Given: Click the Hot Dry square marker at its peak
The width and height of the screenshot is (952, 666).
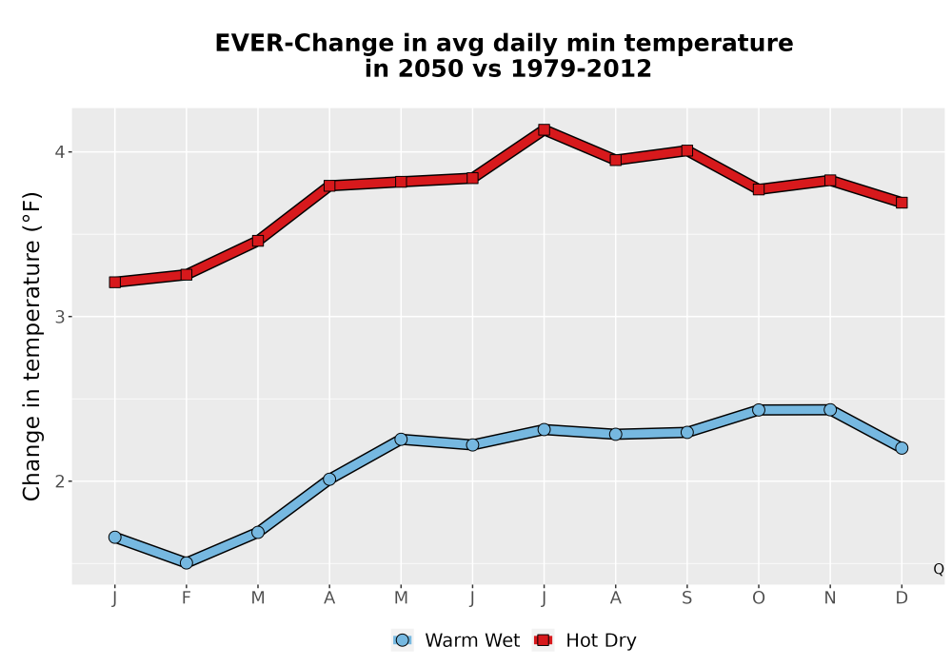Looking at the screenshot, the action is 544,129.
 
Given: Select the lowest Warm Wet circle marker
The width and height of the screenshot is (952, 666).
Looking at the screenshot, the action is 187,563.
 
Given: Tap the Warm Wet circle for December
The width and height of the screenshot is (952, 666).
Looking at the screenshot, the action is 902,447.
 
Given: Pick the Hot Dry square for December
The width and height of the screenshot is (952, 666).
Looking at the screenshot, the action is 902,202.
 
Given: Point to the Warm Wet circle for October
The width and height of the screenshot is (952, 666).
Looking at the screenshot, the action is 759,410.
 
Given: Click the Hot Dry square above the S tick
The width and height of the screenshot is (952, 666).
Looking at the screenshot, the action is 686,150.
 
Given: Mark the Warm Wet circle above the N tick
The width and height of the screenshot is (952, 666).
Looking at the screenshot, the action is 830,410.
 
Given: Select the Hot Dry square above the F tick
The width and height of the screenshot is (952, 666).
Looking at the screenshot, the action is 187,274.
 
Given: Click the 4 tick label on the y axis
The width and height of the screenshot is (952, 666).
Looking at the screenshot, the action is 59,151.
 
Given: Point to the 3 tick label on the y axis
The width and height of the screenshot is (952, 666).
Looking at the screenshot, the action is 59,317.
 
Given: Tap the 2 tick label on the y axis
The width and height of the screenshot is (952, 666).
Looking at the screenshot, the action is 59,481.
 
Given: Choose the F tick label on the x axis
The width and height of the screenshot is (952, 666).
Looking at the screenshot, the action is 187,598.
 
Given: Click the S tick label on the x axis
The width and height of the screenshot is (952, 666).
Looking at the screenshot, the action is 686,598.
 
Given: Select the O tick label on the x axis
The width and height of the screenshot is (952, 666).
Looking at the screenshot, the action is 759,598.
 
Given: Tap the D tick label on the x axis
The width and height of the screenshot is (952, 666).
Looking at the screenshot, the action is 902,598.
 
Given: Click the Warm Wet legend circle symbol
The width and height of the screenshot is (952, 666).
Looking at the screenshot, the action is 402,640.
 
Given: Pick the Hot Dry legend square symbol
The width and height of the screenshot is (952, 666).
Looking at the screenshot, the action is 543,640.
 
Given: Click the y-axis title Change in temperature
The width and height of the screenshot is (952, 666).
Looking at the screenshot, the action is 31,346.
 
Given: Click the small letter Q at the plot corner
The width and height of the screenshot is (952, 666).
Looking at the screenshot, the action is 939,569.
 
